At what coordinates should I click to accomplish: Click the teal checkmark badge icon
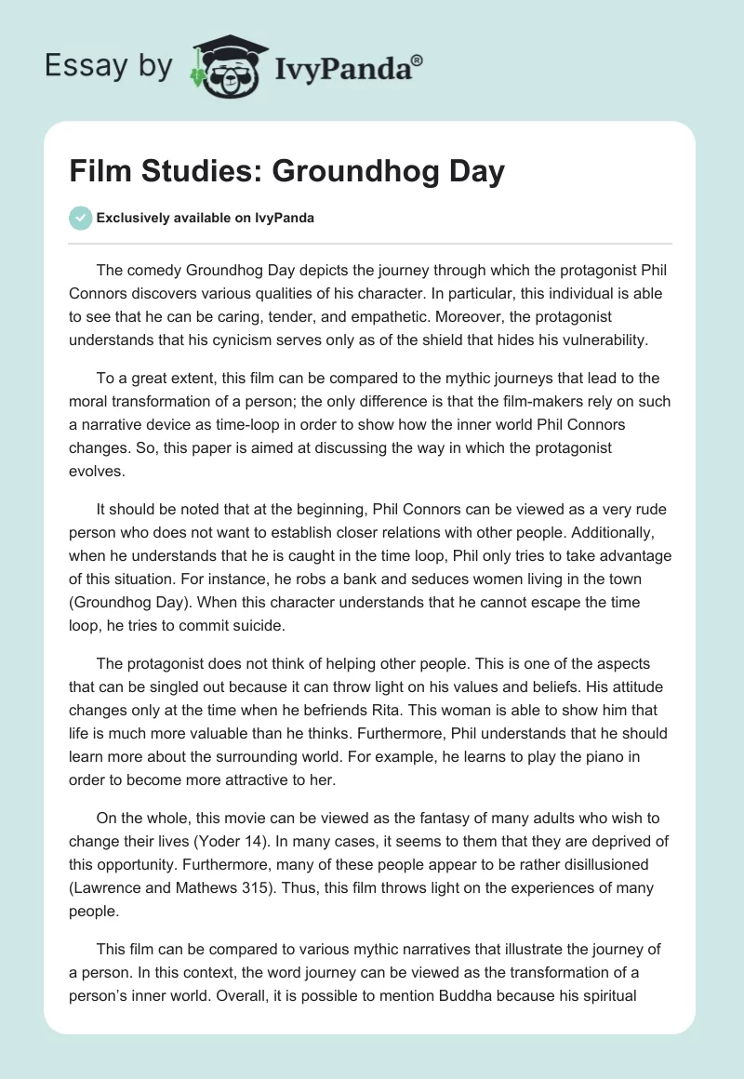pos(81,218)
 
